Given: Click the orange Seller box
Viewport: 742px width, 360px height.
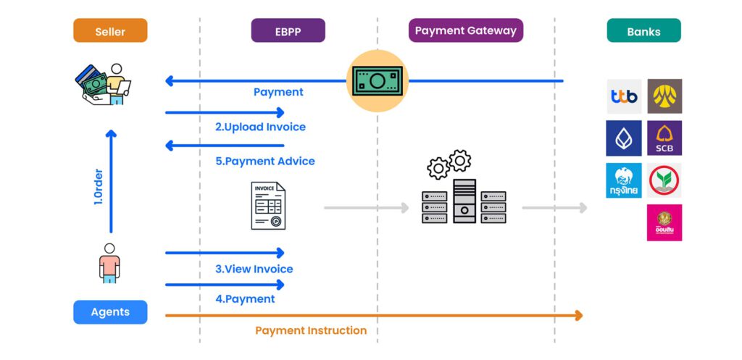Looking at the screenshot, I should [110, 31].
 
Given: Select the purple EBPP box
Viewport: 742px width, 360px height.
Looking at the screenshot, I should [288, 31].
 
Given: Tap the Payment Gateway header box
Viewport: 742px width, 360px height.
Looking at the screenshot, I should [465, 30].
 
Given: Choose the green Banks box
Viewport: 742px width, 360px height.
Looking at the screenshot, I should [643, 31].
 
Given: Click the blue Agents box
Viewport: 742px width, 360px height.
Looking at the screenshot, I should [110, 312].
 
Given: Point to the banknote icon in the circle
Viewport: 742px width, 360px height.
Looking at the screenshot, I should [376, 80].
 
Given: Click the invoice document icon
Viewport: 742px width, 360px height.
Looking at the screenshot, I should [268, 206].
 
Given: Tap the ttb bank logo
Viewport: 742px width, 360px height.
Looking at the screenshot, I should [624, 96].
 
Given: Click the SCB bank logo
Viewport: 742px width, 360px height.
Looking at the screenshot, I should [664, 138].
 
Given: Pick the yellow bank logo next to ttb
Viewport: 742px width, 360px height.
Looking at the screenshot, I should [664, 96].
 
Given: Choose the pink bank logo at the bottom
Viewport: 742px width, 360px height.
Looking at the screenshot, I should [664, 222].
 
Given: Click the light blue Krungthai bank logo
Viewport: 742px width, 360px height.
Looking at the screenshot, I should [624, 180].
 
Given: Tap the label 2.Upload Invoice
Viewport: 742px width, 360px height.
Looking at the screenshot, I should [260, 127].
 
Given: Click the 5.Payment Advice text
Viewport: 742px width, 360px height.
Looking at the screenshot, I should [264, 161].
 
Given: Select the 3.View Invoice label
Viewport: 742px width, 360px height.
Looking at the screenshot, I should [254, 269].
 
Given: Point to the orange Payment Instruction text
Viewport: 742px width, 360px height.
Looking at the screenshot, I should [311, 330].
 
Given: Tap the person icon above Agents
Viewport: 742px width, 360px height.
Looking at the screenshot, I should [109, 263].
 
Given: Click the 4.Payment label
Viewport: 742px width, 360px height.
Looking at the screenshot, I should [245, 298].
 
